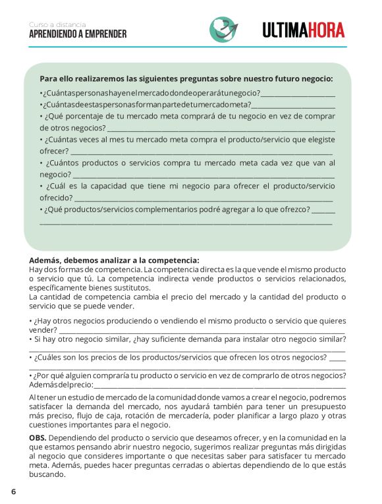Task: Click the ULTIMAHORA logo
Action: tap(303, 30)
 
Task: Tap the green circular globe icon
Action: tap(224, 29)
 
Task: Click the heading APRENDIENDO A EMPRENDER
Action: tap(78, 34)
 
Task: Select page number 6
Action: tap(13, 491)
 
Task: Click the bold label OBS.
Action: tap(38, 437)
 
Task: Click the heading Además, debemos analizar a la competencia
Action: tap(114, 260)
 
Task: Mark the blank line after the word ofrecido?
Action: tap(204, 198)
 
